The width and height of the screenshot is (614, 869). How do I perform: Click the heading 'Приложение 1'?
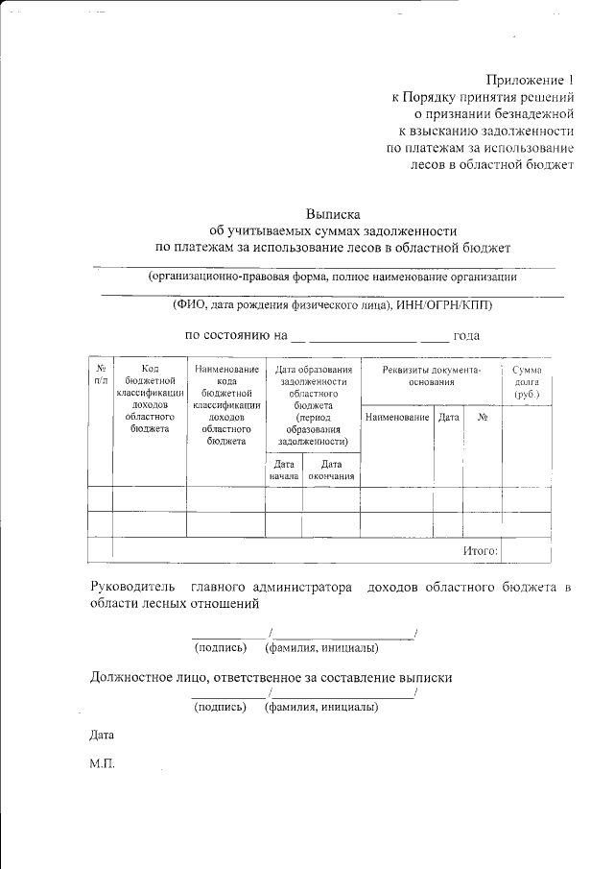coord(529,80)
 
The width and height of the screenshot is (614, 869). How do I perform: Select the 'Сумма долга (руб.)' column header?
coord(527,381)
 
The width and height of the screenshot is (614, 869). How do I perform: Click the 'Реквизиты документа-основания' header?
coord(431,375)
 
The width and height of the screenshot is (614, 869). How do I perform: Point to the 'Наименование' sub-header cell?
coord(396,418)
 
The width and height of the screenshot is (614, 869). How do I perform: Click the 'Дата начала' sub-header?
coord(284,470)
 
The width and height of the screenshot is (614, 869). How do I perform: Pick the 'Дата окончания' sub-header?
coord(332,470)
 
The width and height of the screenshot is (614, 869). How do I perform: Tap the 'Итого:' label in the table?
coord(480,550)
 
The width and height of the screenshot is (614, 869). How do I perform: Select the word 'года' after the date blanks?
coord(467,336)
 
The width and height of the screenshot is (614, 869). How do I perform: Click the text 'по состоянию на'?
coord(236,336)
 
